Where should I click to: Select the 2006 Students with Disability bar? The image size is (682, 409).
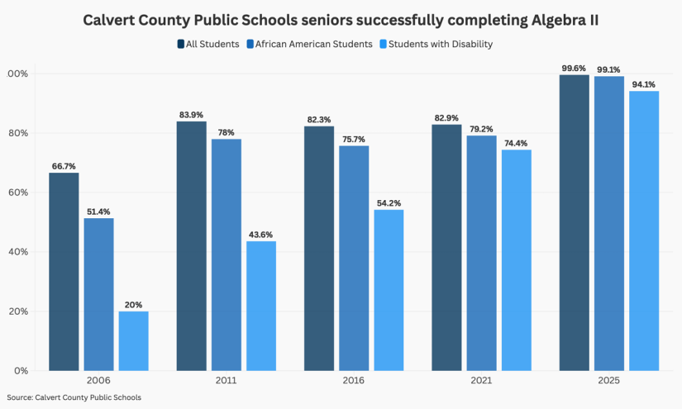click(x=133, y=340)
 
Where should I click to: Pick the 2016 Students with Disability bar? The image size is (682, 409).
click(x=389, y=290)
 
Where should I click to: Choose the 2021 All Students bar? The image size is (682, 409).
click(x=446, y=247)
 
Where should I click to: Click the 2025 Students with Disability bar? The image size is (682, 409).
click(x=644, y=231)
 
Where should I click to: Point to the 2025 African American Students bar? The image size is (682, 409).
click(x=609, y=223)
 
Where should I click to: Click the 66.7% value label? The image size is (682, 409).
click(x=64, y=165)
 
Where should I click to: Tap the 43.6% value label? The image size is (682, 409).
click(x=260, y=234)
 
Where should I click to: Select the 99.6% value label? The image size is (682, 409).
click(x=575, y=68)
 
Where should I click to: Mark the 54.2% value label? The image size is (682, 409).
click(x=389, y=202)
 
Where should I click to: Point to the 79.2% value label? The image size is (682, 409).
click(x=481, y=128)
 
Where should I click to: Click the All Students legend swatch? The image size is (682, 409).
click(x=180, y=44)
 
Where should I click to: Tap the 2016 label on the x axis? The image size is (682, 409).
click(x=354, y=381)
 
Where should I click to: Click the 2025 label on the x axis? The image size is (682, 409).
click(x=609, y=381)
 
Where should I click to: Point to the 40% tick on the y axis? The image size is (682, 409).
click(x=17, y=252)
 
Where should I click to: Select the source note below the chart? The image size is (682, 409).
click(x=74, y=397)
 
